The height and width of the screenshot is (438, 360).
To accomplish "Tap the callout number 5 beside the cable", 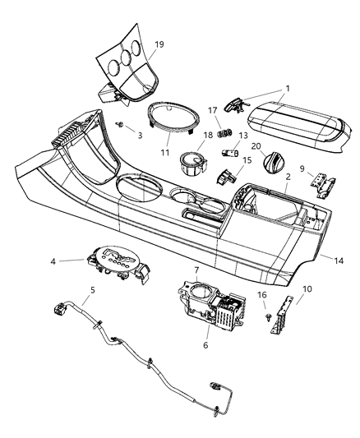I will (92, 289).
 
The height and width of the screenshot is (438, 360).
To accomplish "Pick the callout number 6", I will (205, 346).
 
